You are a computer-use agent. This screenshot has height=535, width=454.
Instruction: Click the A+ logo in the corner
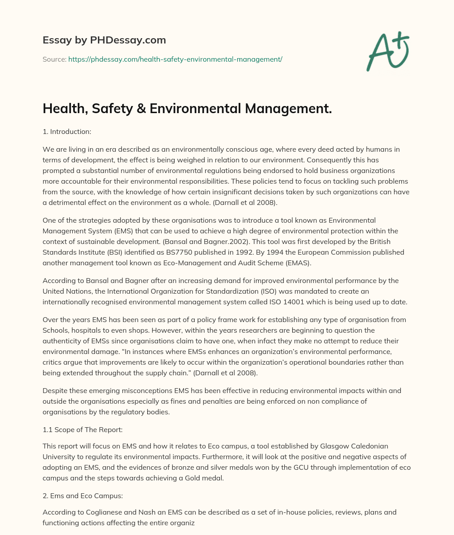pos(387,52)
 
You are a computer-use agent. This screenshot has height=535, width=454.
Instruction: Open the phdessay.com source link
pos(175,59)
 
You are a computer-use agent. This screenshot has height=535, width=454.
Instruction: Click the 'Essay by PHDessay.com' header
pos(104,40)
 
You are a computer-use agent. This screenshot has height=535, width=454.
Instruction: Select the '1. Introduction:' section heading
pos(69,131)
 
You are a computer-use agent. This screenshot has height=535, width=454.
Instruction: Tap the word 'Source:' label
pos(54,59)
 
